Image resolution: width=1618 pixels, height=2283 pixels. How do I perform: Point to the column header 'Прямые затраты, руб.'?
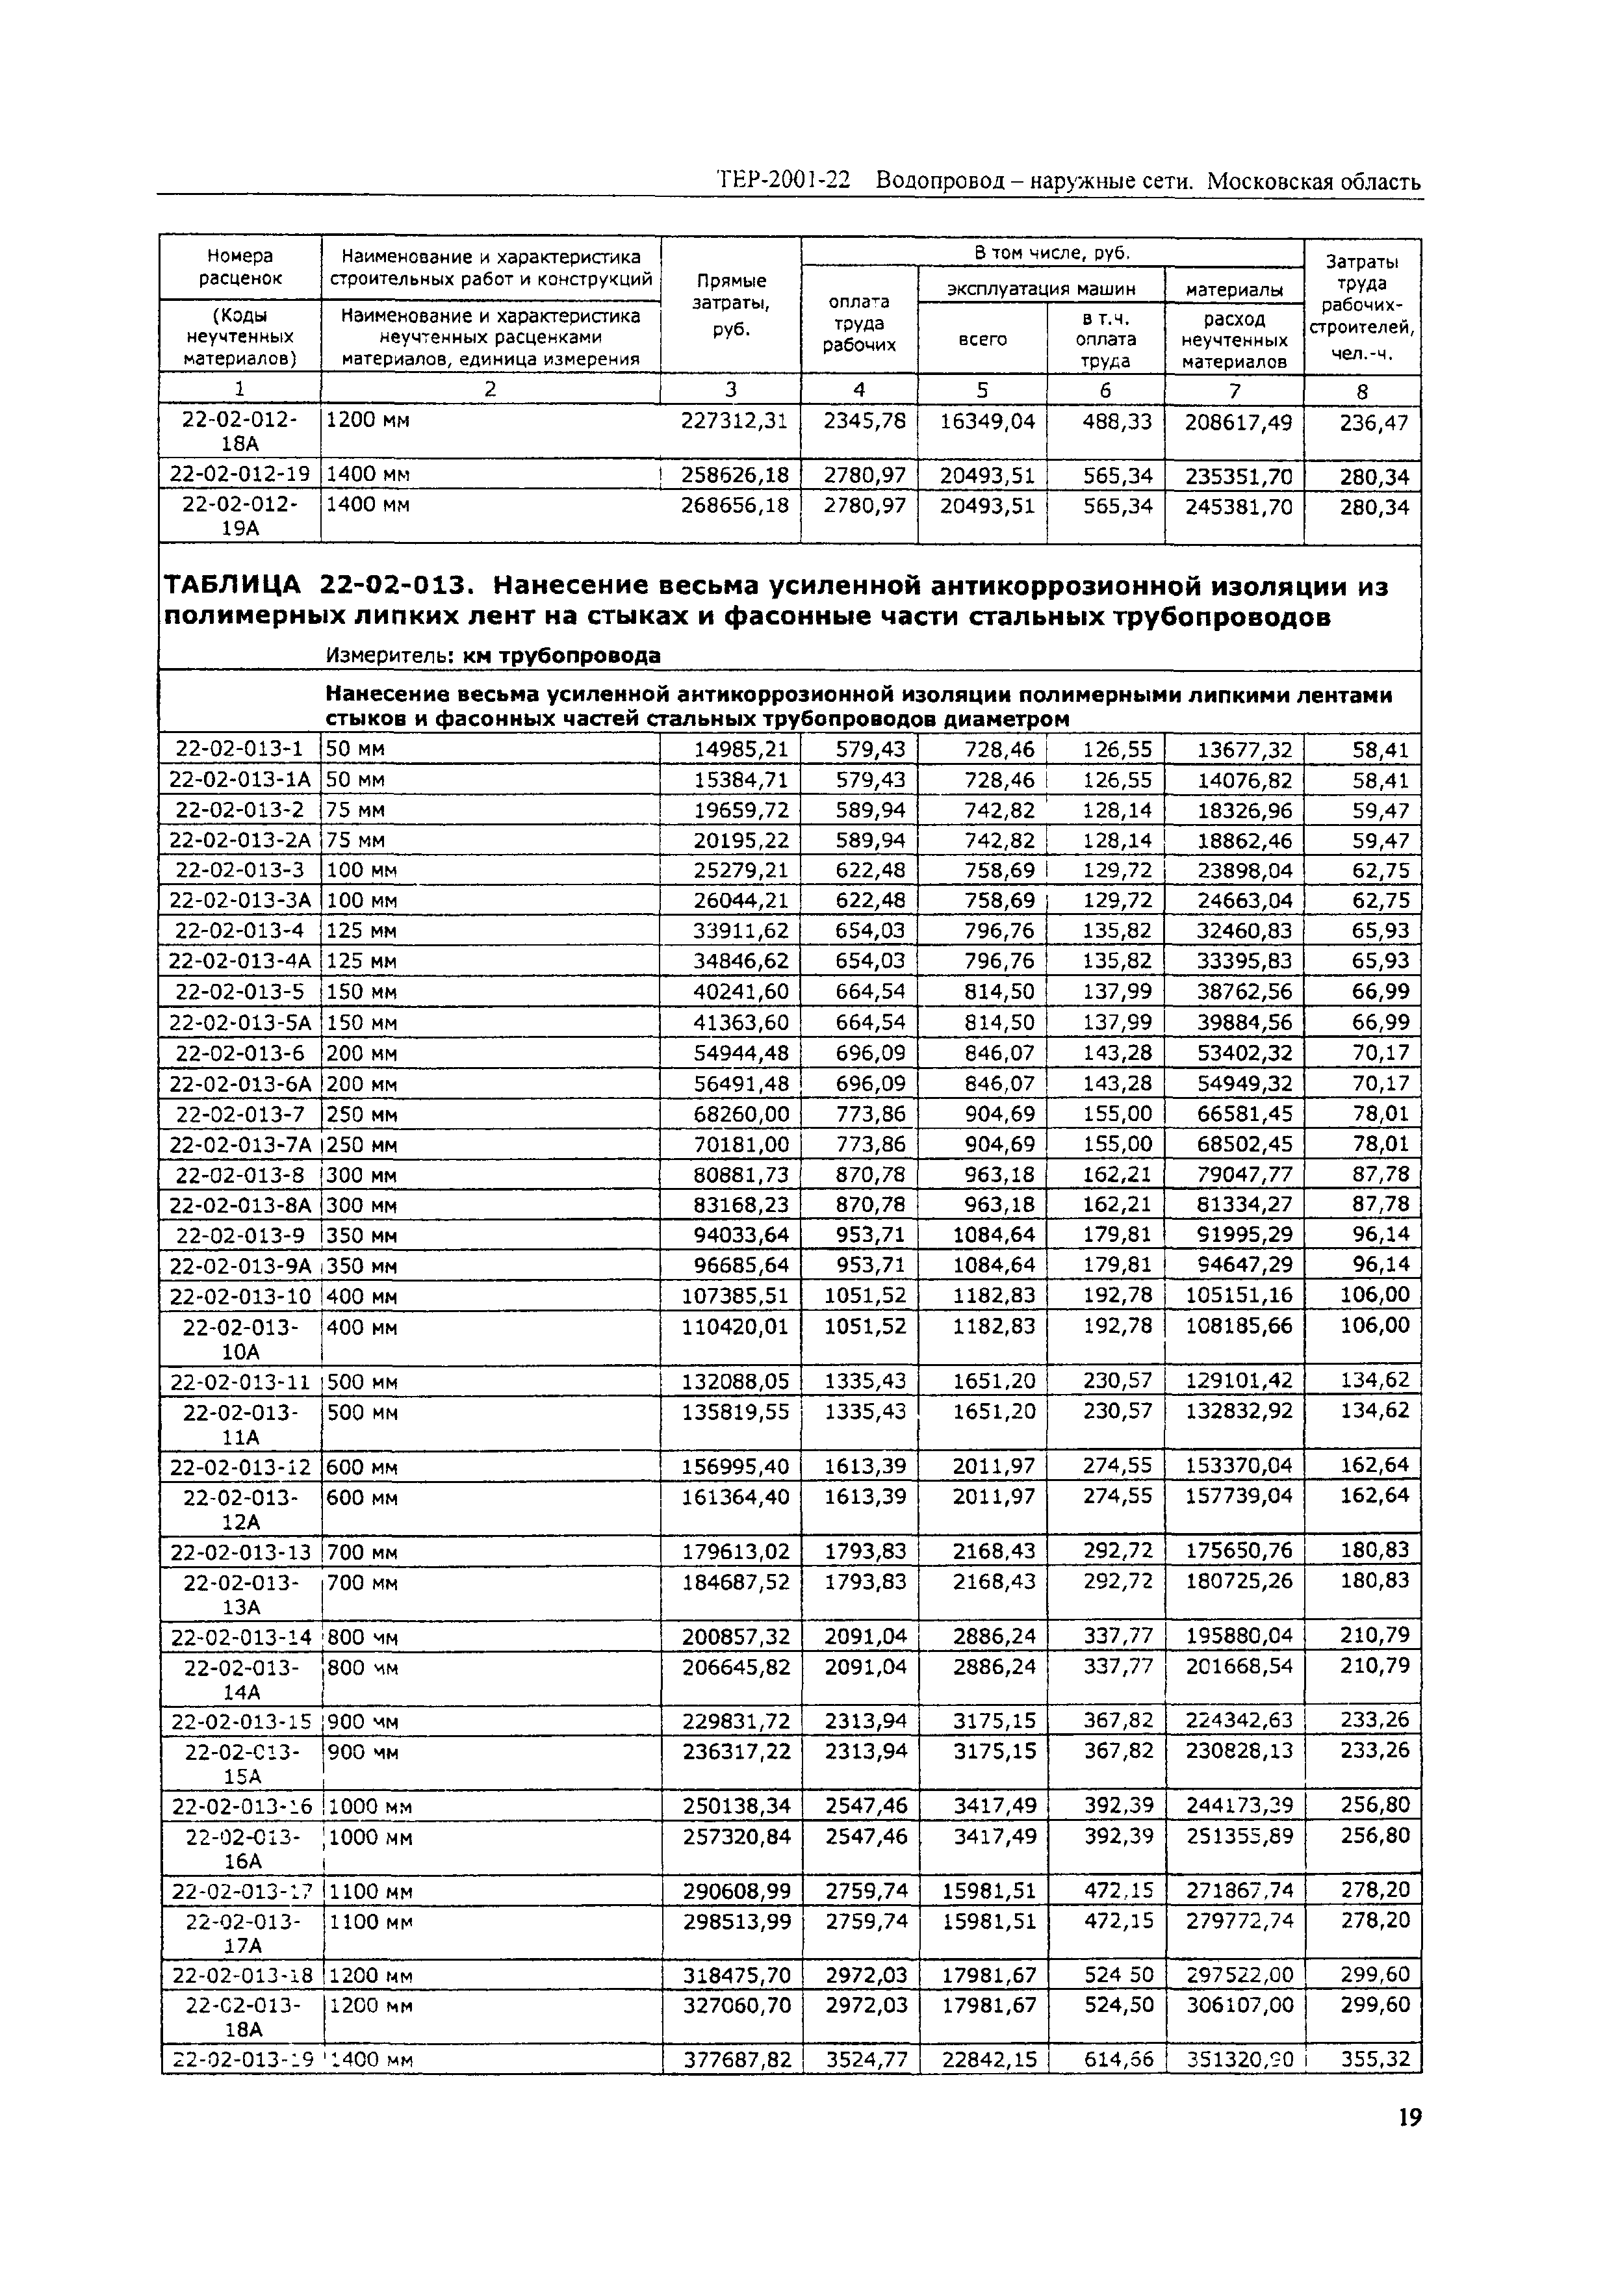[x=730, y=305]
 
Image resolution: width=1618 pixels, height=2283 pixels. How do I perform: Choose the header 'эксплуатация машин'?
[x=1040, y=289]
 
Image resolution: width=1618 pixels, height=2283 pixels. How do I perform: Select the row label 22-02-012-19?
[x=239, y=474]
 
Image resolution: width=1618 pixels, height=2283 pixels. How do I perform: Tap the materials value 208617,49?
[x=1237, y=422]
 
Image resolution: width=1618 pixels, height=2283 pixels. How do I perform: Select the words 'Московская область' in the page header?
[x=1313, y=183]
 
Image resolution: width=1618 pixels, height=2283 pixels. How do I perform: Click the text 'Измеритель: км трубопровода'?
[x=493, y=656]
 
